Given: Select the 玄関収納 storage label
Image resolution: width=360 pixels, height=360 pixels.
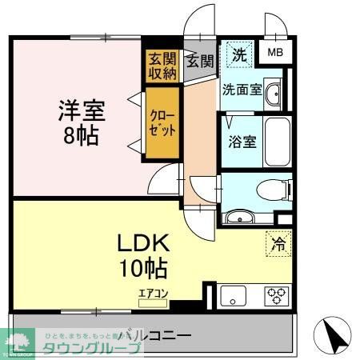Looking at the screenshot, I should [162, 66].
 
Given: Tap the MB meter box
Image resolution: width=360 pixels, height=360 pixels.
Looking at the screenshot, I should [275, 54].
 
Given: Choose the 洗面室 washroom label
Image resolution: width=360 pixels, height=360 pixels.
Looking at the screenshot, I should [242, 90].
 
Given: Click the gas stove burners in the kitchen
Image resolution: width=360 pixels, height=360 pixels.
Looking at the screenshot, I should [278, 294].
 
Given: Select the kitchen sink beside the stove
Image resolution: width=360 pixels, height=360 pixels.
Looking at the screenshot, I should [234, 295].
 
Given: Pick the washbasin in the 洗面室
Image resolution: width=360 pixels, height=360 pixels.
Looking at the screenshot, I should [274, 92].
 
